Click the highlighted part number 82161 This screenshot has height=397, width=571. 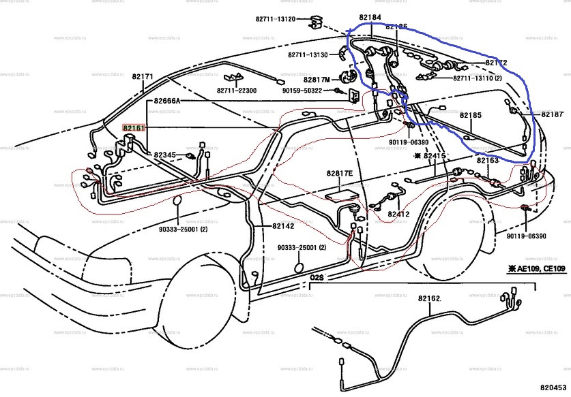134,127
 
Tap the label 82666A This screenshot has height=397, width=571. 166,101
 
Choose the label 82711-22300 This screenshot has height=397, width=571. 237,91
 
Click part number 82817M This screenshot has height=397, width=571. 318,79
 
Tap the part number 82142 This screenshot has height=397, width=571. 283,225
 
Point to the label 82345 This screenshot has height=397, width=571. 164,155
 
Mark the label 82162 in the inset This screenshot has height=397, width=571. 430,298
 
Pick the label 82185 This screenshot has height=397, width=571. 471,116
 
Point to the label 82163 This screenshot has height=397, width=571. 488,160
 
